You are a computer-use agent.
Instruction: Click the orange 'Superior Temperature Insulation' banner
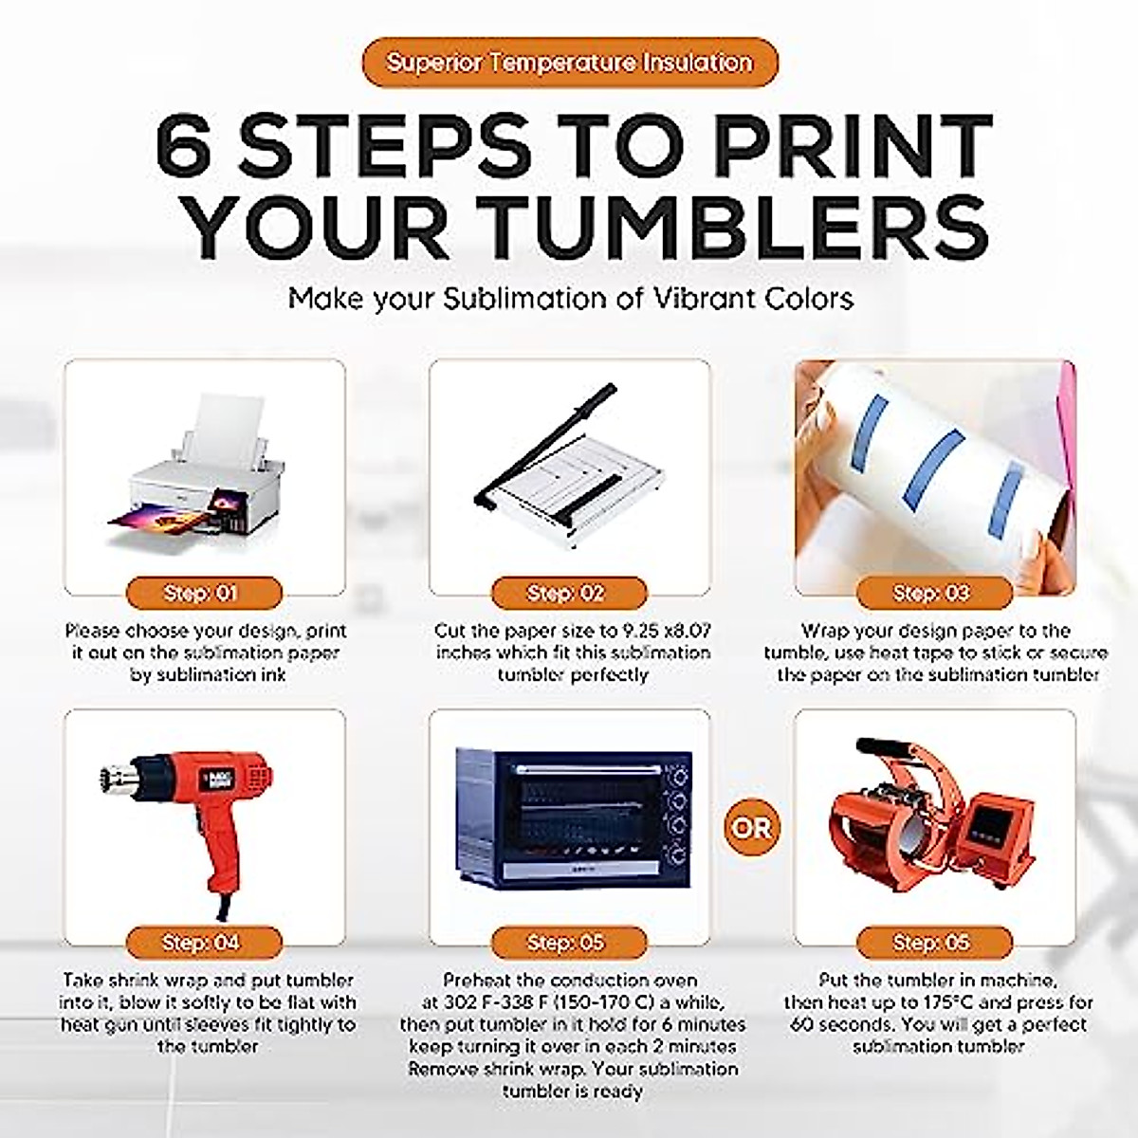(x=569, y=64)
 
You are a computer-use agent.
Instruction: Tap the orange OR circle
(x=751, y=828)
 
